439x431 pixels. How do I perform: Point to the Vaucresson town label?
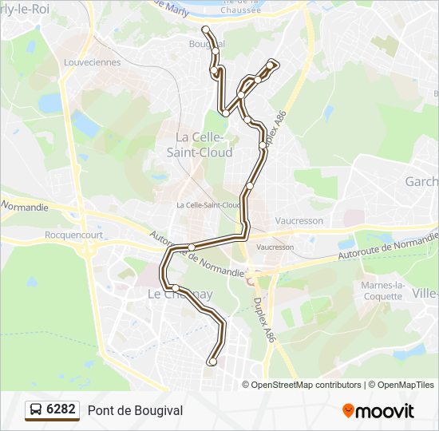click(x=299, y=219)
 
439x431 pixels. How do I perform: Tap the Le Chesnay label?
click(x=180, y=295)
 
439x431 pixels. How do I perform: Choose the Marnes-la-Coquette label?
click(x=382, y=291)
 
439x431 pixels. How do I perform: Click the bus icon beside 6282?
click(x=36, y=410)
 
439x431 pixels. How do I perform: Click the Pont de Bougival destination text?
click(x=135, y=410)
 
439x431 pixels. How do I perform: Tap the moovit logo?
click(x=378, y=411)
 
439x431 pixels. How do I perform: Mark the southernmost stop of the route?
click(x=212, y=362)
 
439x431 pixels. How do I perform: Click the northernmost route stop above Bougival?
click(x=206, y=30)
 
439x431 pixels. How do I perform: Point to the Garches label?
click(x=421, y=182)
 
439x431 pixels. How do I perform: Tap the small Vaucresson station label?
click(x=276, y=247)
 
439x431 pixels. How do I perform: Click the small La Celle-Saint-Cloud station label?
click(x=208, y=205)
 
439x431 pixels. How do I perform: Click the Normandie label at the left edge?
click(x=25, y=208)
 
